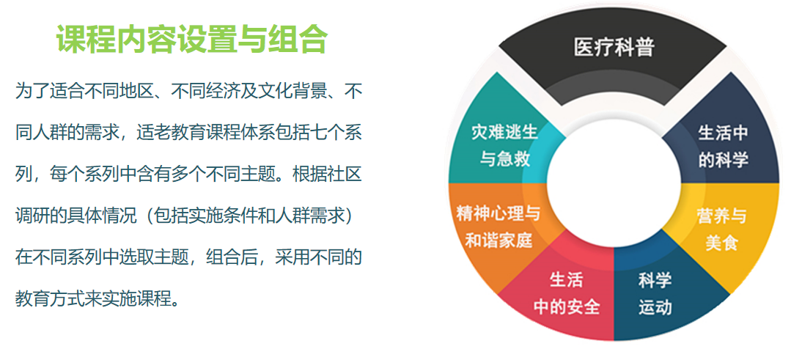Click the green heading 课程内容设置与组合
pos(191,39)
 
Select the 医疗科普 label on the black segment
pos(614,48)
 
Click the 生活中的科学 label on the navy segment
pos(722,146)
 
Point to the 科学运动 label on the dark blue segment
pos(655,293)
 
